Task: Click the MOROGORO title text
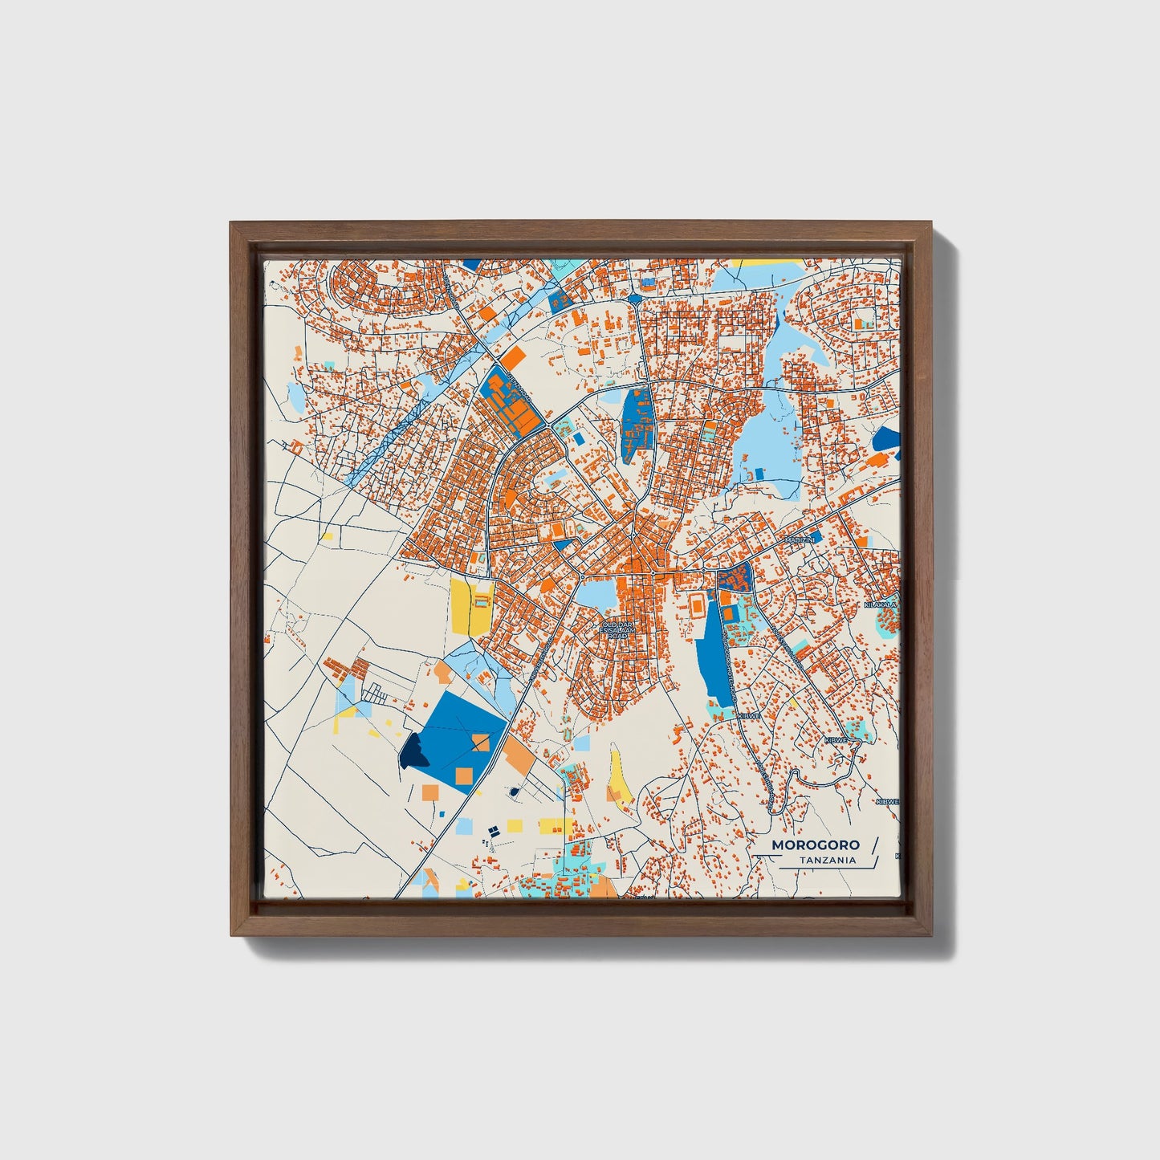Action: coord(815,845)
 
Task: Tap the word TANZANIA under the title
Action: coord(827,861)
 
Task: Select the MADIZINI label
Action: coord(800,540)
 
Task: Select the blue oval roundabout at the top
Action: coord(634,299)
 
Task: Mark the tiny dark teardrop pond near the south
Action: coord(514,792)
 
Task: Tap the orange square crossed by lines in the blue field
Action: coord(480,741)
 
